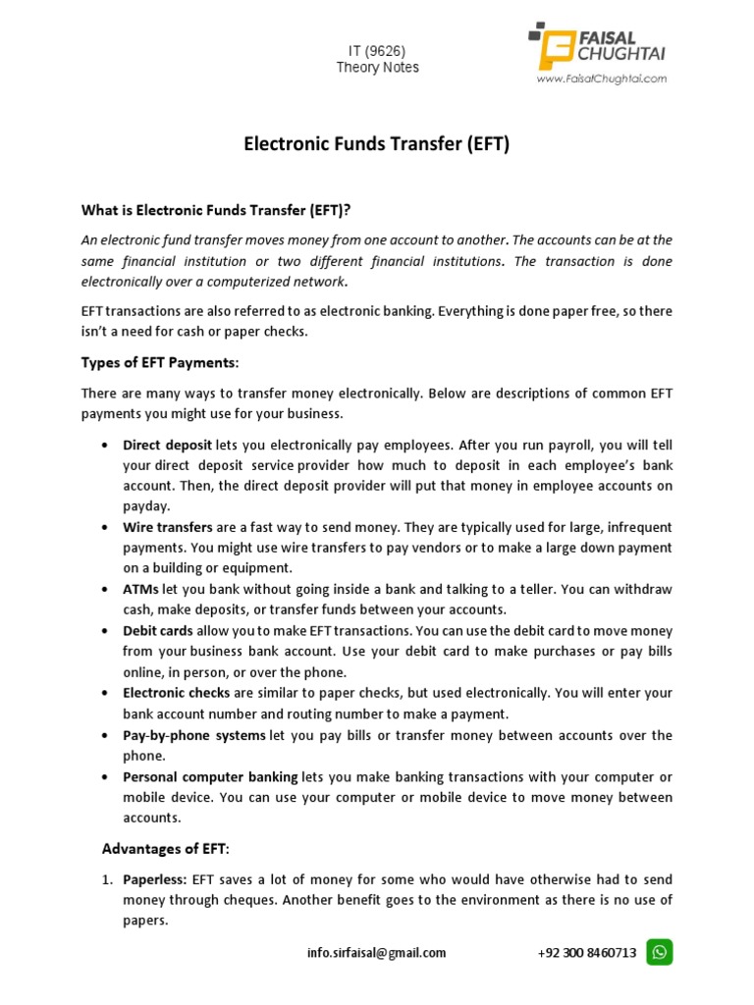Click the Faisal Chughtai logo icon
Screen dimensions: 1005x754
coord(554,46)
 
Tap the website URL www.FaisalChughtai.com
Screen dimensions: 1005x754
coord(601,79)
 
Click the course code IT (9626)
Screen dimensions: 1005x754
coord(377,50)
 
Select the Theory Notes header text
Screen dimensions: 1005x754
coord(377,68)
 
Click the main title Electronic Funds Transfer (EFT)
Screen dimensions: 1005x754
coord(377,145)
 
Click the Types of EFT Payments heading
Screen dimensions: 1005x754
coord(159,363)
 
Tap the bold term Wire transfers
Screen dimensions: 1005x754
coord(168,527)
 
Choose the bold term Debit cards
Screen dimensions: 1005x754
coord(158,631)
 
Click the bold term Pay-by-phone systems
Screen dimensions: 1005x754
coord(194,735)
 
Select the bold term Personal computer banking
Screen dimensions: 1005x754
coord(211,776)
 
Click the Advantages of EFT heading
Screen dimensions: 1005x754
coord(166,848)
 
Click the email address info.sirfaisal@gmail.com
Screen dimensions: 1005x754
coord(377,952)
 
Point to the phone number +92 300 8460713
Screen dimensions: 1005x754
coord(587,952)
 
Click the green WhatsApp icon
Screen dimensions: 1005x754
coord(661,951)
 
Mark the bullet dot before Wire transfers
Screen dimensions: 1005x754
coord(105,528)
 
